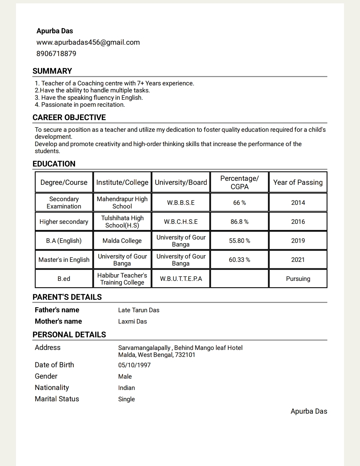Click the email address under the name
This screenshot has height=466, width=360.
(x=88, y=42)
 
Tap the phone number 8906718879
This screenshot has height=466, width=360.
(x=56, y=54)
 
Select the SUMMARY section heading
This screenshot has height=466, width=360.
(x=52, y=71)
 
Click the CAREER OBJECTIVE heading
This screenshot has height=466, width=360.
(x=69, y=117)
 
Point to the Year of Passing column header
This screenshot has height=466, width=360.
(x=298, y=182)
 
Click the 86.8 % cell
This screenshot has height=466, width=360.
(x=239, y=222)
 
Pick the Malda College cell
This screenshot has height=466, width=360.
(x=122, y=241)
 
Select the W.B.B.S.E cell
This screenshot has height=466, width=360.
(x=181, y=203)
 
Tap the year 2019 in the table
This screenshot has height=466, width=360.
(x=298, y=241)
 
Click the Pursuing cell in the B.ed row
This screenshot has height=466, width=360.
(x=298, y=279)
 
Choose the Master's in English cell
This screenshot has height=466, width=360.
(x=64, y=260)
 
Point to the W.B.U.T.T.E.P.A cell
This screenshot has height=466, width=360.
(x=181, y=279)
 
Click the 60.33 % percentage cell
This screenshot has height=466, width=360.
(x=239, y=260)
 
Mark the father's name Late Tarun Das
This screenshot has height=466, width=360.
(x=139, y=310)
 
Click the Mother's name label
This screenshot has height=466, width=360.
(x=58, y=321)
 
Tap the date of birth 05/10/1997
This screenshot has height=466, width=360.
(x=134, y=365)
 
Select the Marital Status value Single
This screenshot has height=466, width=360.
(x=126, y=399)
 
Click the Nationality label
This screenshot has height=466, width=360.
(x=52, y=388)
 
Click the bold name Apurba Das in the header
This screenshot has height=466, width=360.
(x=55, y=31)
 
